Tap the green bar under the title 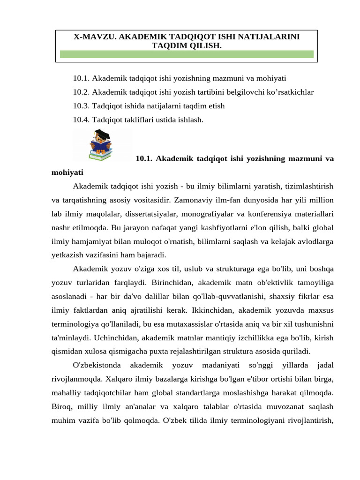click(187, 54)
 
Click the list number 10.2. click(82, 92)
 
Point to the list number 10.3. click(82, 106)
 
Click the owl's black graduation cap click(104, 135)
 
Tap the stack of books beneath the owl click(99, 155)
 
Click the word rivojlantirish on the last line click(305, 420)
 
